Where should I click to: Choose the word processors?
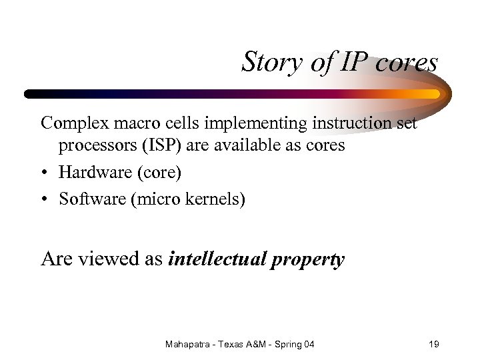coord(95,145)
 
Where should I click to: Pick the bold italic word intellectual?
coord(217,259)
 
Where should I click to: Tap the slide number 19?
coord(433,344)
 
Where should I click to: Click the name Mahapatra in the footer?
coord(188,344)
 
